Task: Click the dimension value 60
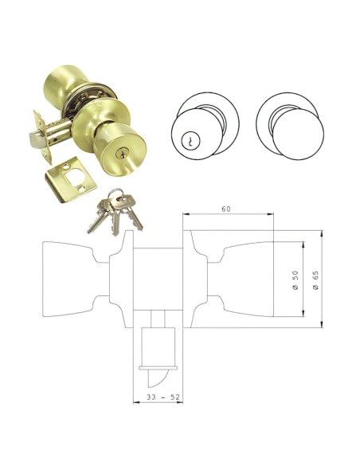pyautogui.click(x=226, y=209)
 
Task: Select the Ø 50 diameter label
pyautogui.click(x=295, y=279)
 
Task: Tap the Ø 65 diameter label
pyautogui.click(x=317, y=279)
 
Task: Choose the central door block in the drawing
pyautogui.click(x=158, y=279)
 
